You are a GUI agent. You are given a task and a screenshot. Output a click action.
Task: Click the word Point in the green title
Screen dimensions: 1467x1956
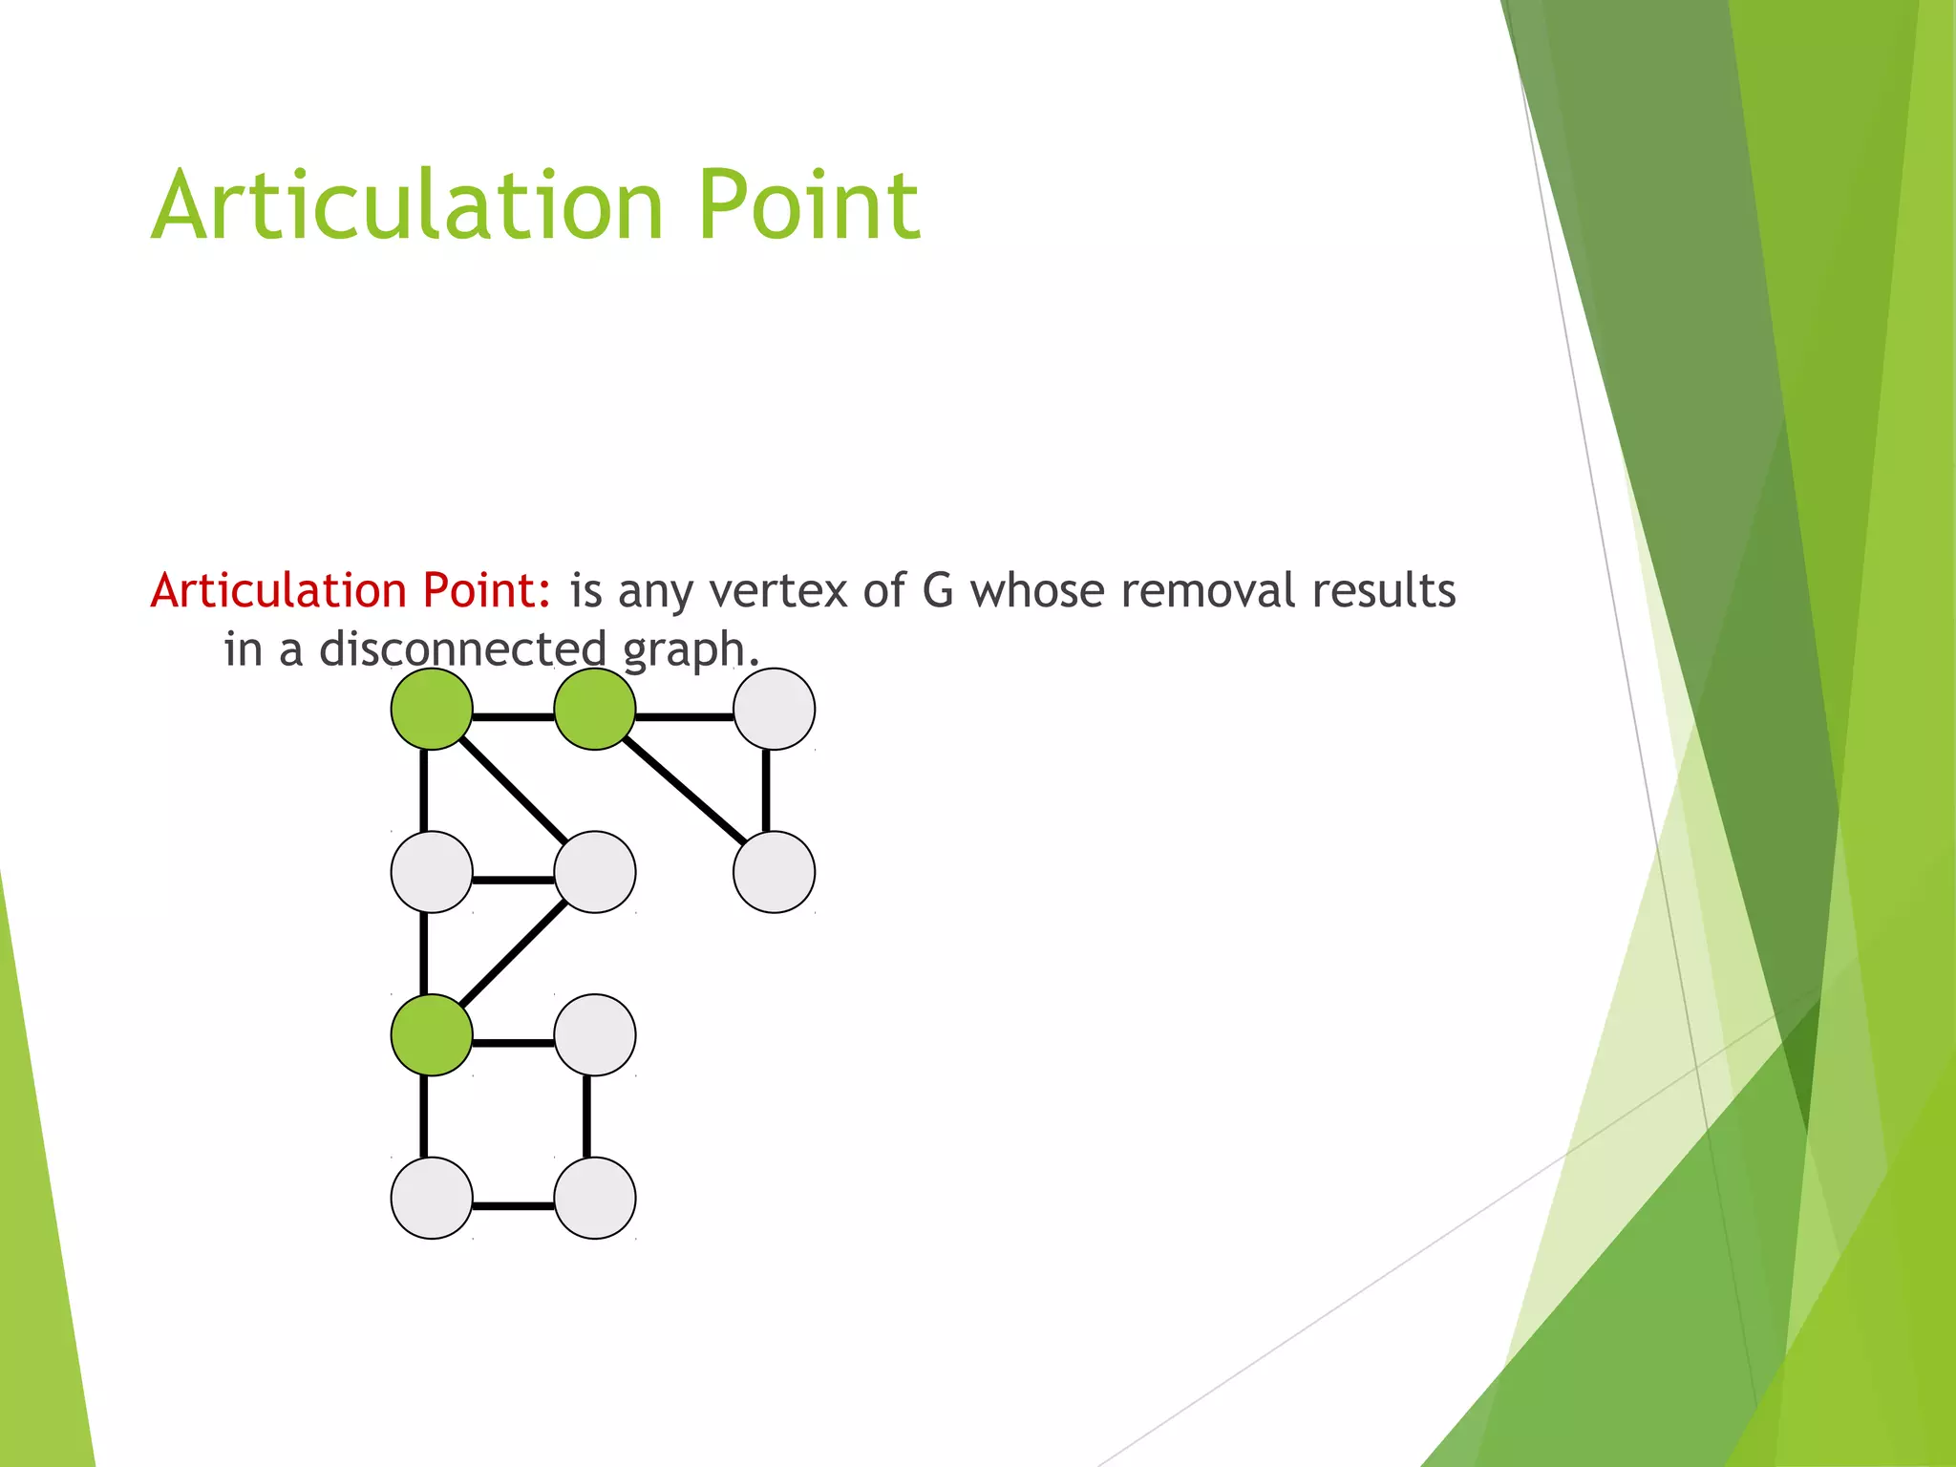tap(808, 205)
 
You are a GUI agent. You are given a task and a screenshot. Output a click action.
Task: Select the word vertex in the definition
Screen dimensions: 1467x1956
tap(777, 590)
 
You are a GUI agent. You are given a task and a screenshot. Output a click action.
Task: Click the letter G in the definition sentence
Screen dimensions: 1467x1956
tap(937, 590)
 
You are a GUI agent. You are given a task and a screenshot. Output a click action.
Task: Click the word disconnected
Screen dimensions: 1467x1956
tap(462, 649)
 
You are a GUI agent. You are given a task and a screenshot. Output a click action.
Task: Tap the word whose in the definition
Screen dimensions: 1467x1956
tap(1037, 590)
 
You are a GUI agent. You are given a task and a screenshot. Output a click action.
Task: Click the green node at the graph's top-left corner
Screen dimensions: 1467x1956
tap(432, 709)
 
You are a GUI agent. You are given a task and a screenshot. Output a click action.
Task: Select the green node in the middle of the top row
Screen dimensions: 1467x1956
tap(595, 709)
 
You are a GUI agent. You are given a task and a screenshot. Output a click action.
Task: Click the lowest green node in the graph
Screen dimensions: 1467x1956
tap(432, 1035)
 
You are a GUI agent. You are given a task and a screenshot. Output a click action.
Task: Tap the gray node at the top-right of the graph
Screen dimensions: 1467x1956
tap(774, 709)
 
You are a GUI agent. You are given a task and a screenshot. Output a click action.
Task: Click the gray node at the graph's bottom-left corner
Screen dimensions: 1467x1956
tap(432, 1198)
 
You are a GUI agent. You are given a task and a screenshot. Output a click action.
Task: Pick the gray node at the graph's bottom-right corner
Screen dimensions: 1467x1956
tap(595, 1198)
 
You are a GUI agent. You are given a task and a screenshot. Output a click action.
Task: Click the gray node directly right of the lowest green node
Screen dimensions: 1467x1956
tap(595, 1035)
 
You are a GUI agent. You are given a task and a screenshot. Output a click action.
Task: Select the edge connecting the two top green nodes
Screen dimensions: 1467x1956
tap(514, 716)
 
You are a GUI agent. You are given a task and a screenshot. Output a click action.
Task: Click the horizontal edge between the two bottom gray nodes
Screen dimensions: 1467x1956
tap(514, 1206)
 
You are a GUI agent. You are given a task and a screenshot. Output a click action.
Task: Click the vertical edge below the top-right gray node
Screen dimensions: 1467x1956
tap(766, 791)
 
